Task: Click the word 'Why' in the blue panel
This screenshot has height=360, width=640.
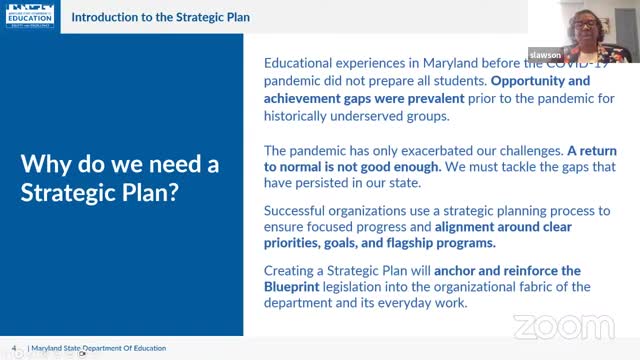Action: tap(47, 165)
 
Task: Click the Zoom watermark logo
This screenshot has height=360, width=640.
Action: tap(563, 327)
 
